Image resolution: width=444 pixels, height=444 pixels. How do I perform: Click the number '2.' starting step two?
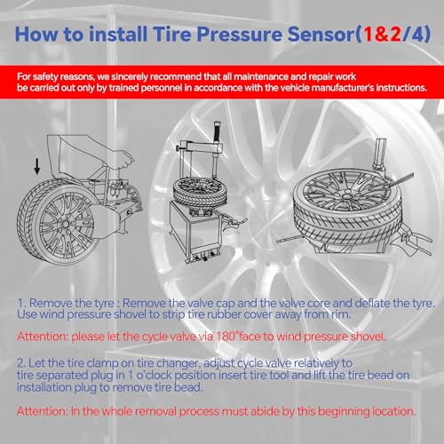(x=23, y=363)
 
